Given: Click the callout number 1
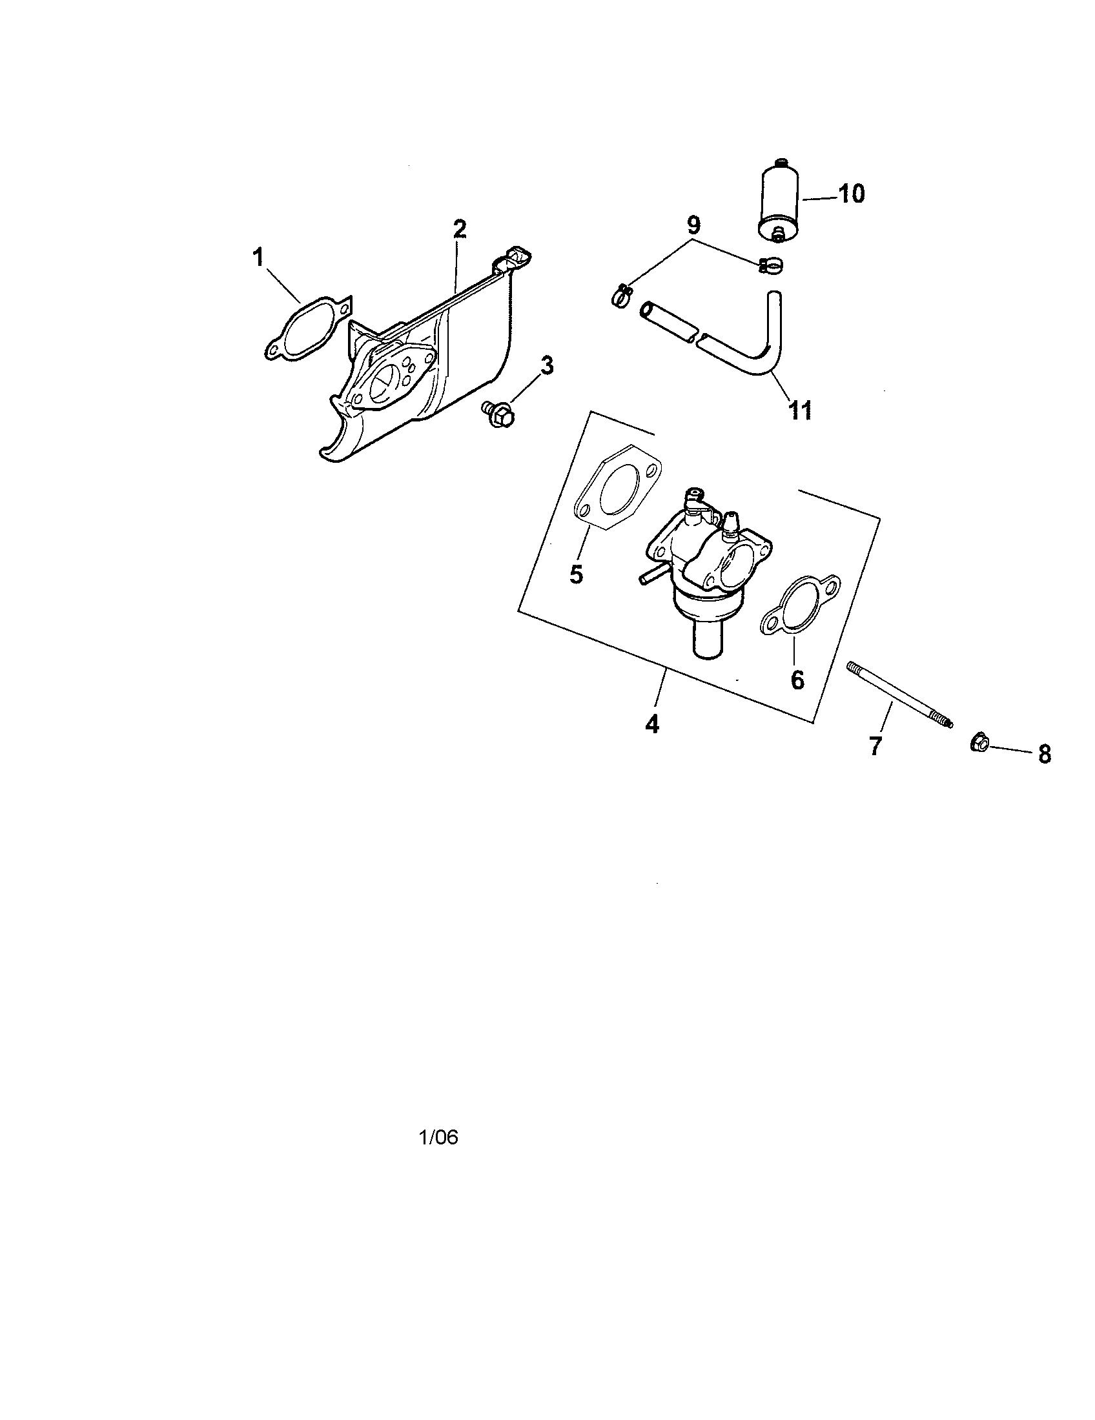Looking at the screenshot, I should click(x=259, y=259).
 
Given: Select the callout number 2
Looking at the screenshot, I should click(x=460, y=229).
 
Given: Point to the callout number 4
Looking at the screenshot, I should click(x=652, y=724).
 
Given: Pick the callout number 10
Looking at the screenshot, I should click(x=851, y=194).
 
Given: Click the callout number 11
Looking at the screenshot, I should click(x=801, y=411).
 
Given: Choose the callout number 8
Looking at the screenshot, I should click(x=1044, y=754).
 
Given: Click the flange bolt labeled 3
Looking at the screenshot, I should click(x=498, y=412).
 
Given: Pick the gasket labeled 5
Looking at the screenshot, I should click(x=617, y=487).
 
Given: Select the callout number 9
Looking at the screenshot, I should click(x=693, y=226).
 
